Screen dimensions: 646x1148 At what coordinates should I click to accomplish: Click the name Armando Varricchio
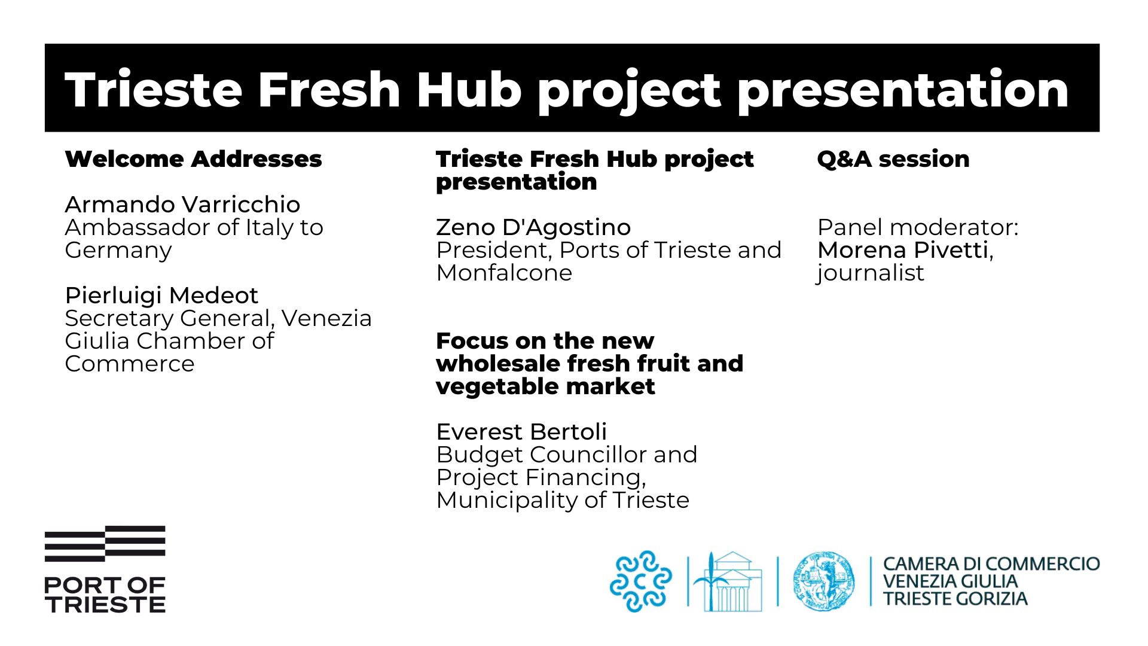(182, 205)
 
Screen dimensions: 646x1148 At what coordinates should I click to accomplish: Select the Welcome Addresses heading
(193, 159)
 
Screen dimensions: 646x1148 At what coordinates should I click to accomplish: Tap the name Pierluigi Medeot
(161, 295)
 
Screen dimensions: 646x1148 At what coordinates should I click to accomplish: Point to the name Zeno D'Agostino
(533, 227)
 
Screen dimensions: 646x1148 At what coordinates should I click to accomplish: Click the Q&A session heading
(893, 159)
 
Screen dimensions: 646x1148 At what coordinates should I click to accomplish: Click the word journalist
(871, 273)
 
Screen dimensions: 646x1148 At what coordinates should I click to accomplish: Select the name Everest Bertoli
(521, 432)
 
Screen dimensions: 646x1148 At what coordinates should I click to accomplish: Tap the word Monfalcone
(504, 273)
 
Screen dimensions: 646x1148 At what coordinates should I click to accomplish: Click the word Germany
(118, 250)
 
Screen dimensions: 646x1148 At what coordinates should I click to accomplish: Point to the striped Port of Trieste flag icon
(105, 543)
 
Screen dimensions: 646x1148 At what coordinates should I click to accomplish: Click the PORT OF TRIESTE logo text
(105, 595)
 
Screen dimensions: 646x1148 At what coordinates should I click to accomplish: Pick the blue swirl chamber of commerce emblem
(640, 581)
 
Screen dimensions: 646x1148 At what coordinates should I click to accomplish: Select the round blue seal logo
(824, 581)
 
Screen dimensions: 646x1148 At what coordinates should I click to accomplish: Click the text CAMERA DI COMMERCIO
(991, 564)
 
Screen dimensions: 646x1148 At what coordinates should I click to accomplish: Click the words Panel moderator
(917, 227)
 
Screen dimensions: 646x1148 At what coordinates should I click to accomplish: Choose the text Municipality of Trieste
(563, 500)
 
